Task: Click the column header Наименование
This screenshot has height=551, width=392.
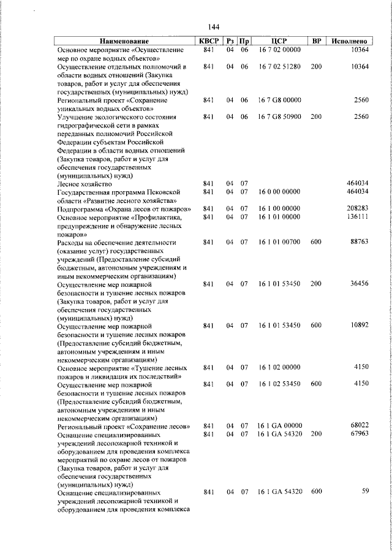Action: point(123,41)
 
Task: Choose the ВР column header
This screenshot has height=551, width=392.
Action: point(316,41)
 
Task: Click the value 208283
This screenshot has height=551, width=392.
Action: point(356,208)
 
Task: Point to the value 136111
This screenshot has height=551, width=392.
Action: point(356,217)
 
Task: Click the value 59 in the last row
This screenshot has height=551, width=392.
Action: point(365,492)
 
